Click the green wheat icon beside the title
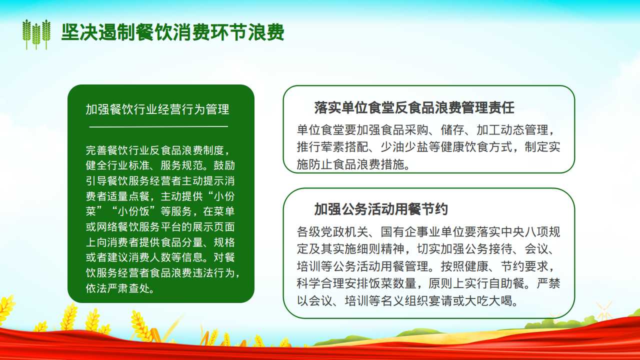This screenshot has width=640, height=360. click(36, 34)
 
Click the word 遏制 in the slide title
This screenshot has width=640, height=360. click(117, 32)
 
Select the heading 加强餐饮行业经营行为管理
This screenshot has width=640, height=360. click(157, 109)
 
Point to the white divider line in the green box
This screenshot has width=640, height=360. click(158, 126)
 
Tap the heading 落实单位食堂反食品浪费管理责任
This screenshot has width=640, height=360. click(414, 107)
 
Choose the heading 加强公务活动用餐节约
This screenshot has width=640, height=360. click(381, 209)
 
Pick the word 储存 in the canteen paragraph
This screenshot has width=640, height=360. click(452, 130)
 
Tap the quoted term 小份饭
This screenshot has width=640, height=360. click(133, 211)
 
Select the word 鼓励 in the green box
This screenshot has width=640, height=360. click(224, 165)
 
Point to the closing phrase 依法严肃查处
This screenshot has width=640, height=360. click(117, 288)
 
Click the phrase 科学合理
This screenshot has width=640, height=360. click(320, 283)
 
